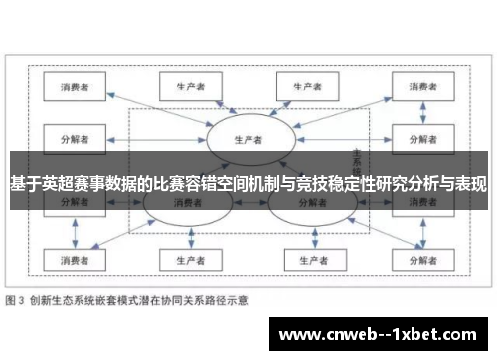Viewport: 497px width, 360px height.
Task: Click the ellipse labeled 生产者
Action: click(248, 139)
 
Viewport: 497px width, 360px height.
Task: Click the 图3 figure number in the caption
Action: click(16, 299)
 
